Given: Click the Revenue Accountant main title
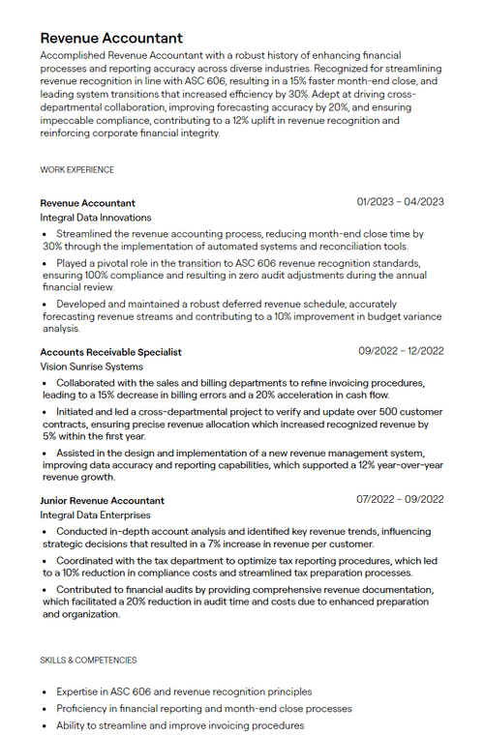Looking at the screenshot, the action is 111,38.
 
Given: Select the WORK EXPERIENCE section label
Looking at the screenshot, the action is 76,170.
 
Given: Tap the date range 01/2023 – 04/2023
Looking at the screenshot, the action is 400,202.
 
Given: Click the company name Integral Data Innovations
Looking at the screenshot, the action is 96,218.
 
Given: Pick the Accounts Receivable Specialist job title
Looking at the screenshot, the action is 110,352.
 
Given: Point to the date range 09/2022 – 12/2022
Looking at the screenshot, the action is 401,351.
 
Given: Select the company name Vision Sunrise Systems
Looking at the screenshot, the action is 91,367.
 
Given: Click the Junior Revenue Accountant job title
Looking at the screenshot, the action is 102,501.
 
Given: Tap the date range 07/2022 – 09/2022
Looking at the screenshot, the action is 400,500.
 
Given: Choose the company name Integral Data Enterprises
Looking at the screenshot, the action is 95,515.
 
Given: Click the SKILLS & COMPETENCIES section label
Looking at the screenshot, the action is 88,661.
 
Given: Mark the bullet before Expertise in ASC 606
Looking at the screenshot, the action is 45,692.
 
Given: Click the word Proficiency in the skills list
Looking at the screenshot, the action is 82,709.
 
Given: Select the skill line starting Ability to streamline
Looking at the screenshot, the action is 179,725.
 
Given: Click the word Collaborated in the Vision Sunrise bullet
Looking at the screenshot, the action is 89,383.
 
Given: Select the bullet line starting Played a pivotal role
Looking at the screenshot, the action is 232,263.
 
